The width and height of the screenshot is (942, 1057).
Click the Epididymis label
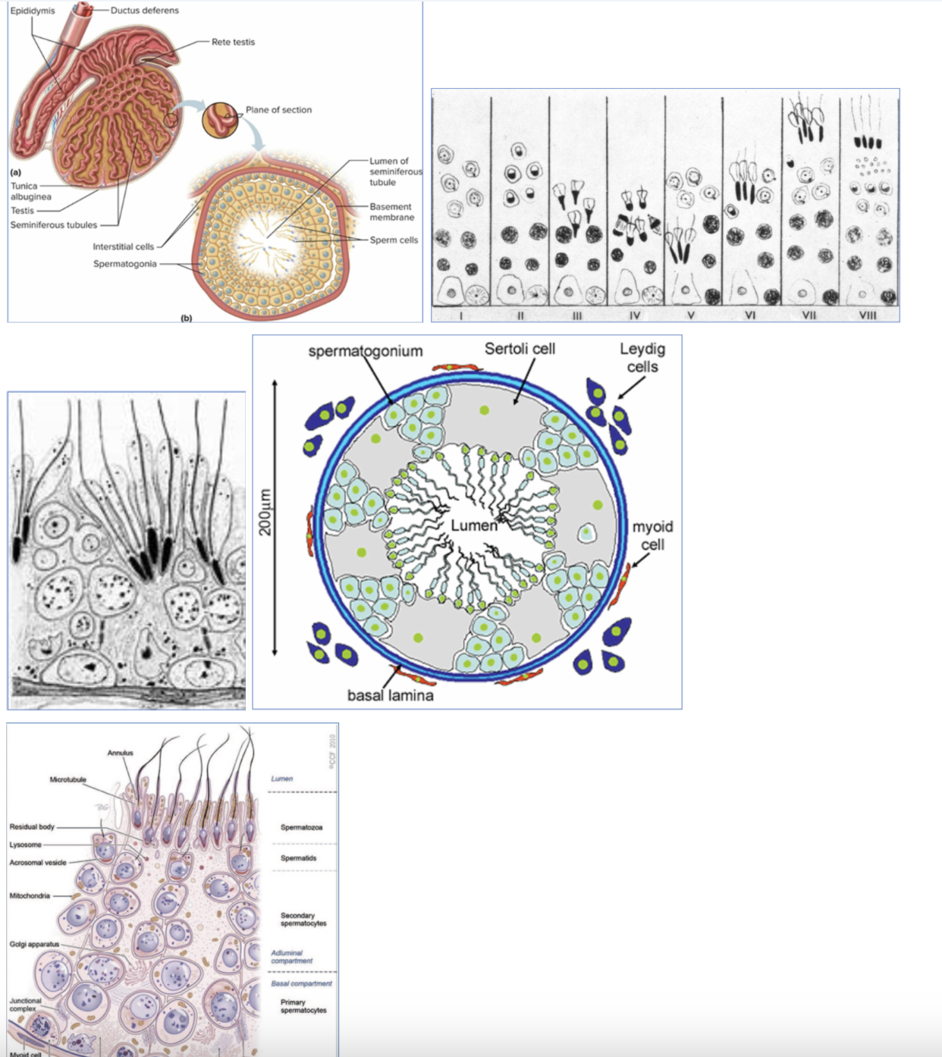[x=33, y=11]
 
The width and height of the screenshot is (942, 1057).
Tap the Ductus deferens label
[x=145, y=11]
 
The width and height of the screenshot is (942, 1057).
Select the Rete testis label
[x=233, y=42]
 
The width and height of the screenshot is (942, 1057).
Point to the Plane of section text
[x=278, y=110]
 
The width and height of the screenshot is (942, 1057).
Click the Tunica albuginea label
[x=30, y=191]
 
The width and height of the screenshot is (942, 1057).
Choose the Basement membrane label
[x=391, y=212]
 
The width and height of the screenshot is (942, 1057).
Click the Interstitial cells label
[x=123, y=246]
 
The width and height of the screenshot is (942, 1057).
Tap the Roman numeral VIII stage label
[x=868, y=315]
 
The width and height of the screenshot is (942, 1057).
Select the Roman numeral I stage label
[x=461, y=315]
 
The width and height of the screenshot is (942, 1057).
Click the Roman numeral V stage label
[x=690, y=315]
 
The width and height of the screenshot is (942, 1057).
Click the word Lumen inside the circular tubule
[x=474, y=525]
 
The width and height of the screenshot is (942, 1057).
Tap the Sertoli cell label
[x=520, y=349]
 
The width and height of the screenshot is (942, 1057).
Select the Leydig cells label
[x=642, y=357]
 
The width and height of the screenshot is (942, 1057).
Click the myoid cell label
[x=652, y=535]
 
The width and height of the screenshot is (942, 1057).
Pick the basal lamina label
[x=390, y=695]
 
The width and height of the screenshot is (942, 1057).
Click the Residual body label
[x=32, y=826]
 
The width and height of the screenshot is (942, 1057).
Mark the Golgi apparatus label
[x=34, y=944]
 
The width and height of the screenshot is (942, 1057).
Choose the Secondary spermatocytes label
[x=303, y=919]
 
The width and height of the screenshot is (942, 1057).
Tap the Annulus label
[x=120, y=753]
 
